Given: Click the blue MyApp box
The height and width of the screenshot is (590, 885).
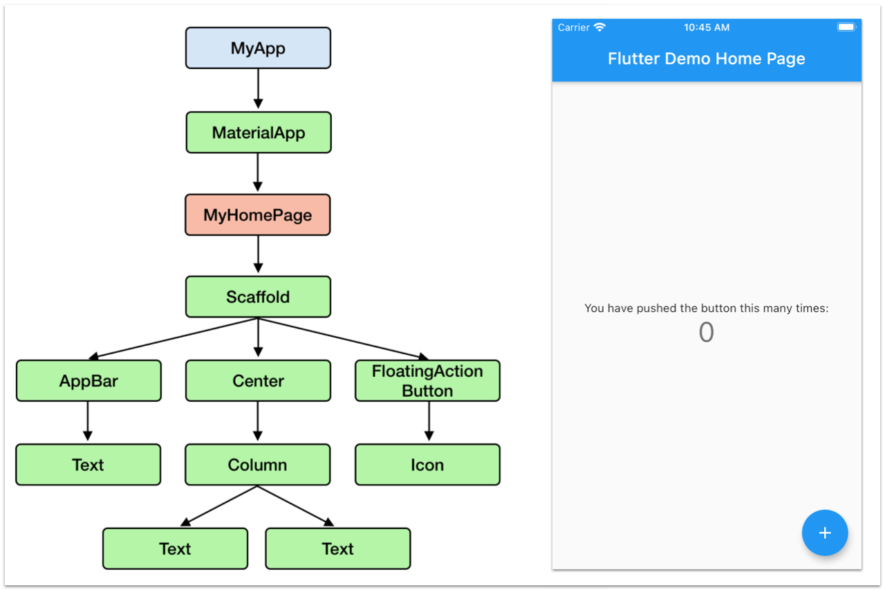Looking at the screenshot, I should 258,48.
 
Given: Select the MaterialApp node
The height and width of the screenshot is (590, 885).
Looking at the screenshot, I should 258,133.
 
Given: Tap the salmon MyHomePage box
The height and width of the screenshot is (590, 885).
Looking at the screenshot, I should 258,215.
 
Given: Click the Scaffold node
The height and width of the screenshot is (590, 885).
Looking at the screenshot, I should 258,297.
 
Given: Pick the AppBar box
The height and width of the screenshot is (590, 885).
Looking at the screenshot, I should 88,381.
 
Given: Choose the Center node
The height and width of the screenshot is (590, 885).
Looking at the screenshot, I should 258,381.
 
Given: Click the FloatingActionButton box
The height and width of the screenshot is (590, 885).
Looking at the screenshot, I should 427,381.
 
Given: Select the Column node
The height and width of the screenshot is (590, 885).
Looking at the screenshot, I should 257,465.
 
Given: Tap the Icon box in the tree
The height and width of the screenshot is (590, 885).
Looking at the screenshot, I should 427,465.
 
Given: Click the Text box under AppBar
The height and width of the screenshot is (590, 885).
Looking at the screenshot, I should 88,465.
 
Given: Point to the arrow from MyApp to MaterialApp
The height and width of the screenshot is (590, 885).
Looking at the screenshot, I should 258,89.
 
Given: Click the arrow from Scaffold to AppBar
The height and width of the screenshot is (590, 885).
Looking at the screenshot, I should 173,339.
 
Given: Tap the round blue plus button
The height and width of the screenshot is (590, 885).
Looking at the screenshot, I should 825,533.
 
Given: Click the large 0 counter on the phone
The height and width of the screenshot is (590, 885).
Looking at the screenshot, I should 706,333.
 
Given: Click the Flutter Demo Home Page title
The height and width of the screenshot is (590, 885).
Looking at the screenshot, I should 706,59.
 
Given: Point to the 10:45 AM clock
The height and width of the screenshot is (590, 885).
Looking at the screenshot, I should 706,28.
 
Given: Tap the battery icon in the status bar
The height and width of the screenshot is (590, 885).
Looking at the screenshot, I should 846,27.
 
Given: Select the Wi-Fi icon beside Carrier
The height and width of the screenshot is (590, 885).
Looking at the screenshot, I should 599,27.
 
